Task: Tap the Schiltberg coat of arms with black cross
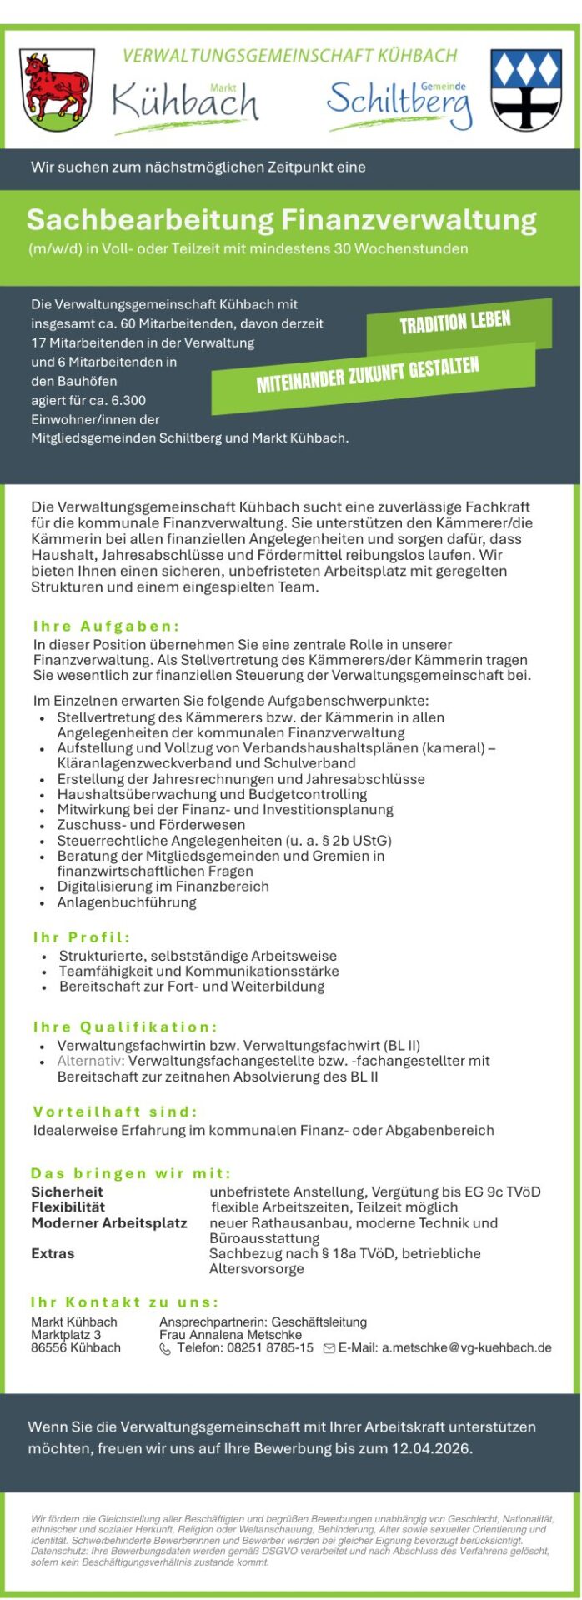[x=526, y=89]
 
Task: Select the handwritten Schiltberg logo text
[x=399, y=104]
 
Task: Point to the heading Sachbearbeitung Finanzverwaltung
[x=281, y=220]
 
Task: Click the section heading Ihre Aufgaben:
[x=107, y=626]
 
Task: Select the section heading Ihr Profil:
[x=82, y=937]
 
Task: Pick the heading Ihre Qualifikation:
[x=125, y=1027]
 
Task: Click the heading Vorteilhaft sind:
[x=115, y=1112]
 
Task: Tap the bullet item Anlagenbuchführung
[x=127, y=902]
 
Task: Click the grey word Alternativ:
[x=91, y=1061]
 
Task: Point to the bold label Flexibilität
[x=68, y=1207]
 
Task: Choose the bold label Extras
[x=53, y=1253]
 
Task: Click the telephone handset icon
[x=165, y=1348]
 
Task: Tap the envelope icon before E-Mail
[x=329, y=1348]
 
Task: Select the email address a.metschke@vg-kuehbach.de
[x=466, y=1347]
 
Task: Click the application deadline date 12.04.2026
[x=430, y=1448]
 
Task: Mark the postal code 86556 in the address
[x=49, y=1347]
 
